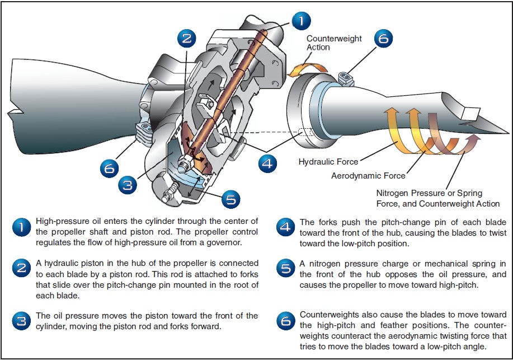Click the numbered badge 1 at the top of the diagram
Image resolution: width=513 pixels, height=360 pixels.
pyautogui.click(x=300, y=21)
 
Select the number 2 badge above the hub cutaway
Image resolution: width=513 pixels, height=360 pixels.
pyautogui.click(x=187, y=38)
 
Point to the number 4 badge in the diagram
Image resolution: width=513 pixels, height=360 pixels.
pyautogui.click(x=268, y=163)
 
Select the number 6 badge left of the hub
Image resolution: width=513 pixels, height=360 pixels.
pyautogui.click(x=110, y=167)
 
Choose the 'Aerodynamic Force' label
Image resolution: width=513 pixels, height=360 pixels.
pyautogui.click(x=368, y=176)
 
